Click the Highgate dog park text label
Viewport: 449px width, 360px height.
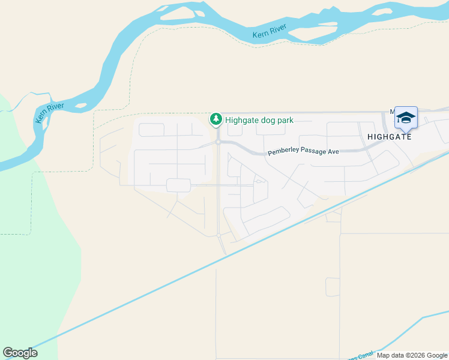click(259, 120)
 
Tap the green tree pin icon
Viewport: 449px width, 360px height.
click(215, 119)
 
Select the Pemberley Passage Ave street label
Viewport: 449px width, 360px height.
click(303, 152)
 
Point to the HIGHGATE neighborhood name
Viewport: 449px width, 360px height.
click(390, 137)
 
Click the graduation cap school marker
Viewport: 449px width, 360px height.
click(406, 117)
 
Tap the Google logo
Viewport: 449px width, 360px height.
click(20, 353)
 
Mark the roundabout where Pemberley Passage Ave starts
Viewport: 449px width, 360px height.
click(217, 142)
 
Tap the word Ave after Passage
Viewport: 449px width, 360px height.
click(333, 152)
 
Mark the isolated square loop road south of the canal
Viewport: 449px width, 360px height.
click(333, 287)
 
